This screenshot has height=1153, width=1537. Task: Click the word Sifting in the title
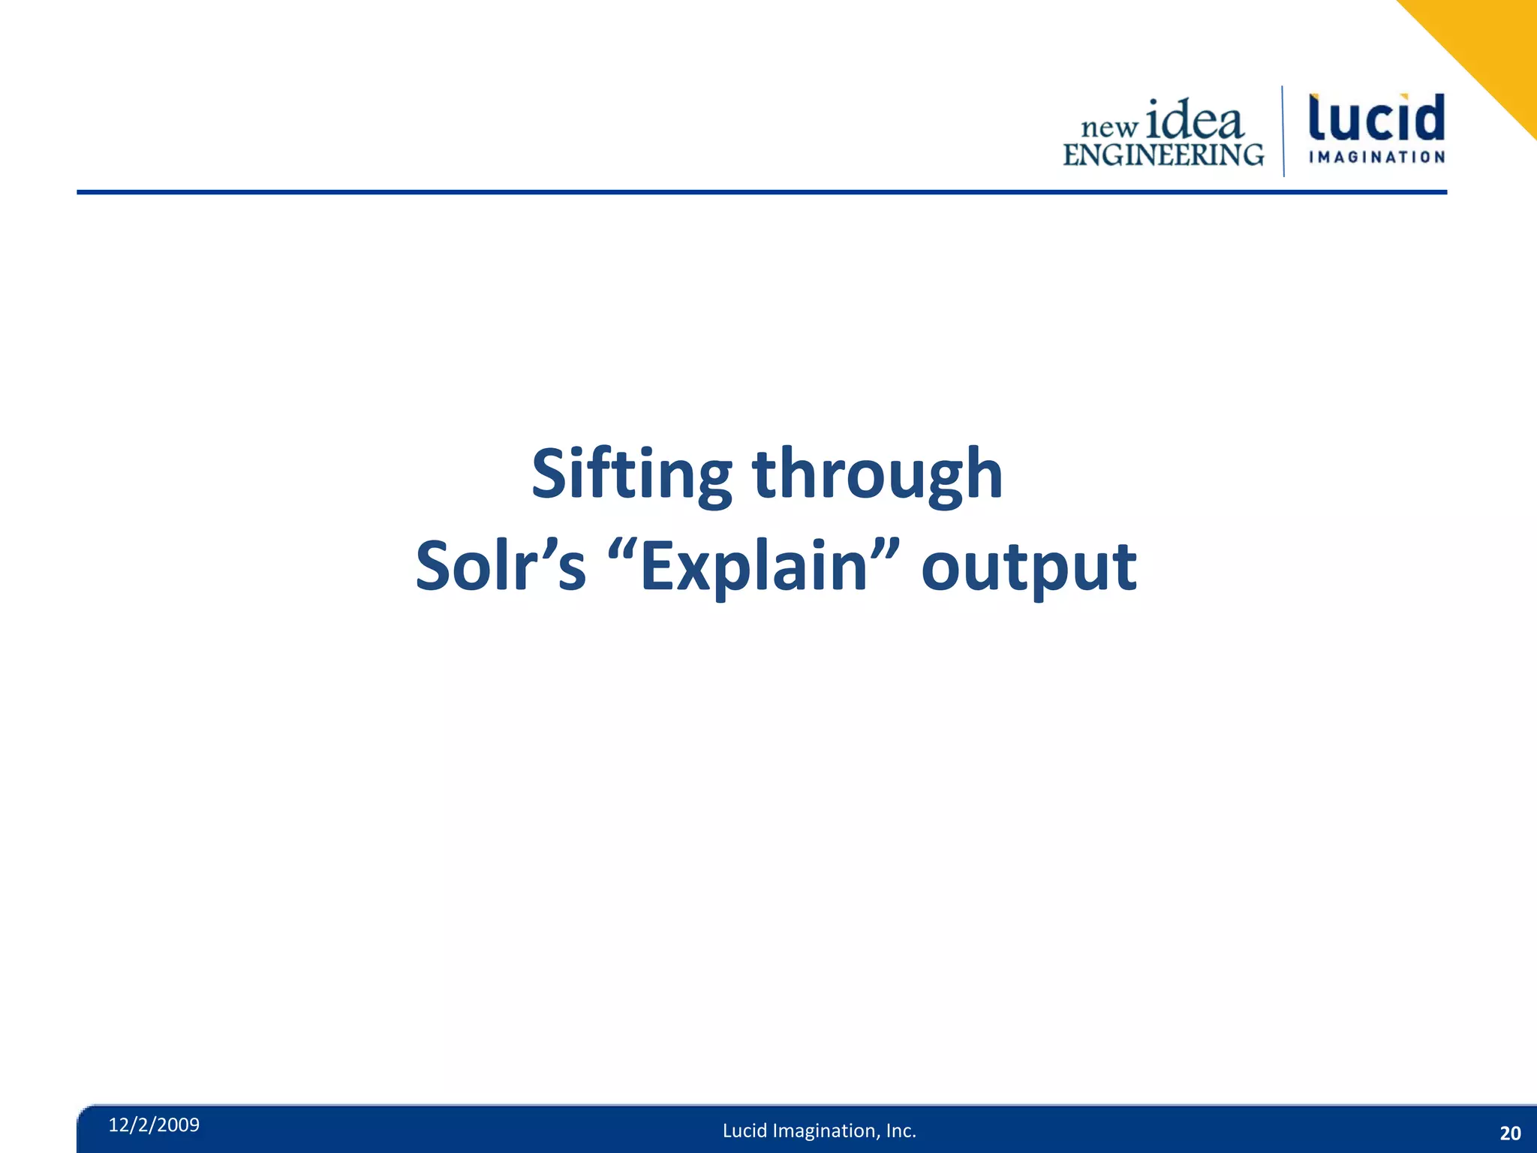[631, 474]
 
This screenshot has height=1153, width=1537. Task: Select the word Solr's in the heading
[500, 567]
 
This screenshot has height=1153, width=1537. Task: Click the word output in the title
[1028, 567]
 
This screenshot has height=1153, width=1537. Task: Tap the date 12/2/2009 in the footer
[154, 1124]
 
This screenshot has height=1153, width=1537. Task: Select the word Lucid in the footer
[744, 1130]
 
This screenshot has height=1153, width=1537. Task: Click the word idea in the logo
[1195, 120]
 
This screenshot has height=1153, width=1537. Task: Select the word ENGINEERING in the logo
[1163, 155]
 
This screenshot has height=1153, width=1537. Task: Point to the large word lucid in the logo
[1376, 118]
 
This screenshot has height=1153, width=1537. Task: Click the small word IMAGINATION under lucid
[1376, 157]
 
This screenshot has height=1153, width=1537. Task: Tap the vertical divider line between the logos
[1283, 131]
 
